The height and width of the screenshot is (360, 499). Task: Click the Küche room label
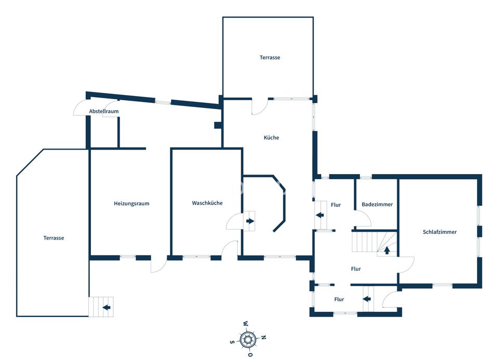(271, 138)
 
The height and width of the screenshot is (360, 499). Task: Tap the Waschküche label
(207, 203)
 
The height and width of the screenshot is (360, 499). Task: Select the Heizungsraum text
(132, 204)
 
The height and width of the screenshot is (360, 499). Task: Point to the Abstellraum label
(104, 111)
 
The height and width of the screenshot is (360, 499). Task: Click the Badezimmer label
(377, 205)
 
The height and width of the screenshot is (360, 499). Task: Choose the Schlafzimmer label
(440, 232)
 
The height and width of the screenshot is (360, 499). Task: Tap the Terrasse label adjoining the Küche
(270, 58)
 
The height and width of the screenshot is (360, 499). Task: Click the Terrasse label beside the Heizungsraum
(54, 238)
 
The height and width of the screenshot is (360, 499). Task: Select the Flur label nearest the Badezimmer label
(336, 205)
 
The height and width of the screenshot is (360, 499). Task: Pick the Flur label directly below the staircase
(356, 269)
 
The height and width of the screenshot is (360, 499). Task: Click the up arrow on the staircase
(387, 250)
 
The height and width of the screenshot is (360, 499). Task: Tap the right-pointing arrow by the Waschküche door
(250, 221)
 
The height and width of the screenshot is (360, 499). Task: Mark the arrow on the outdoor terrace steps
(107, 307)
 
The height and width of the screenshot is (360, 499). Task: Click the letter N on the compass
(264, 337)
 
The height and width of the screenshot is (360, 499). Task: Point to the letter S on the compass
(232, 342)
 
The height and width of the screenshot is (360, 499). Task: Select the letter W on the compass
(245, 324)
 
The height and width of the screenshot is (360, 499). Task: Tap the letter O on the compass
(251, 354)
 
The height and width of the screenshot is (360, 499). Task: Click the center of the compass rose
(248, 339)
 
